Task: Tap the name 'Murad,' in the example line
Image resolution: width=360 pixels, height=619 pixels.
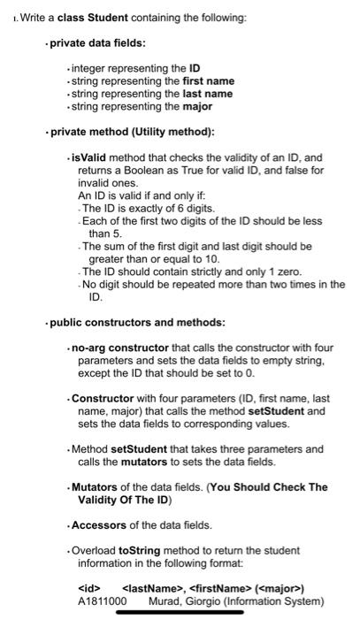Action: point(164,600)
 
